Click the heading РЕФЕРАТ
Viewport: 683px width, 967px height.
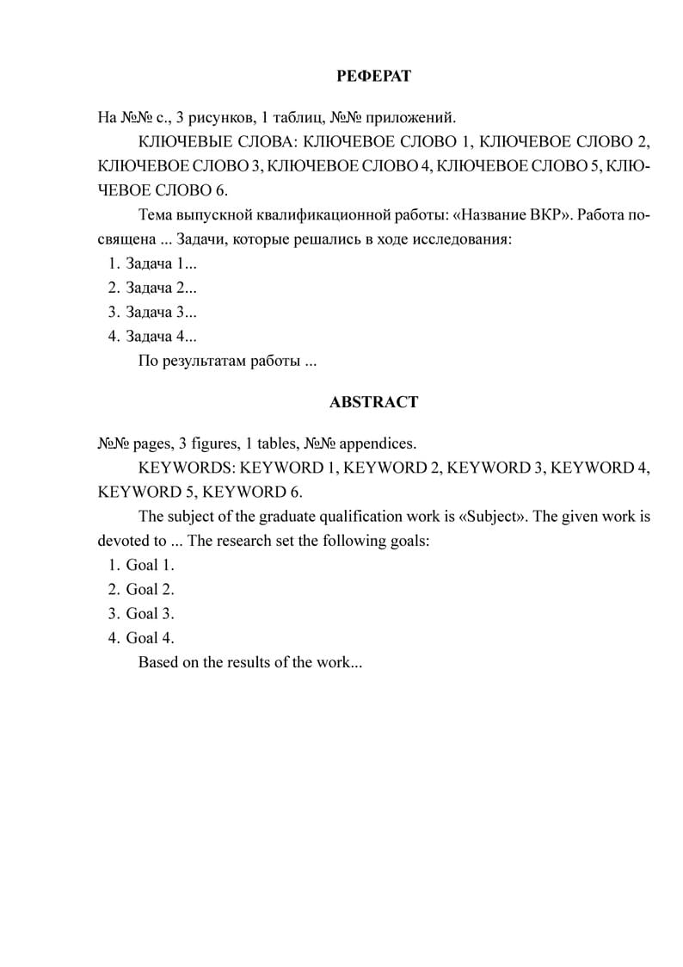[373, 77]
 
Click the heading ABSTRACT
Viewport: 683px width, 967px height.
[373, 402]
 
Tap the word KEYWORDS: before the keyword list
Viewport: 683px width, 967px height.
[187, 468]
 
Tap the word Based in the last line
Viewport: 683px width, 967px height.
[157, 663]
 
